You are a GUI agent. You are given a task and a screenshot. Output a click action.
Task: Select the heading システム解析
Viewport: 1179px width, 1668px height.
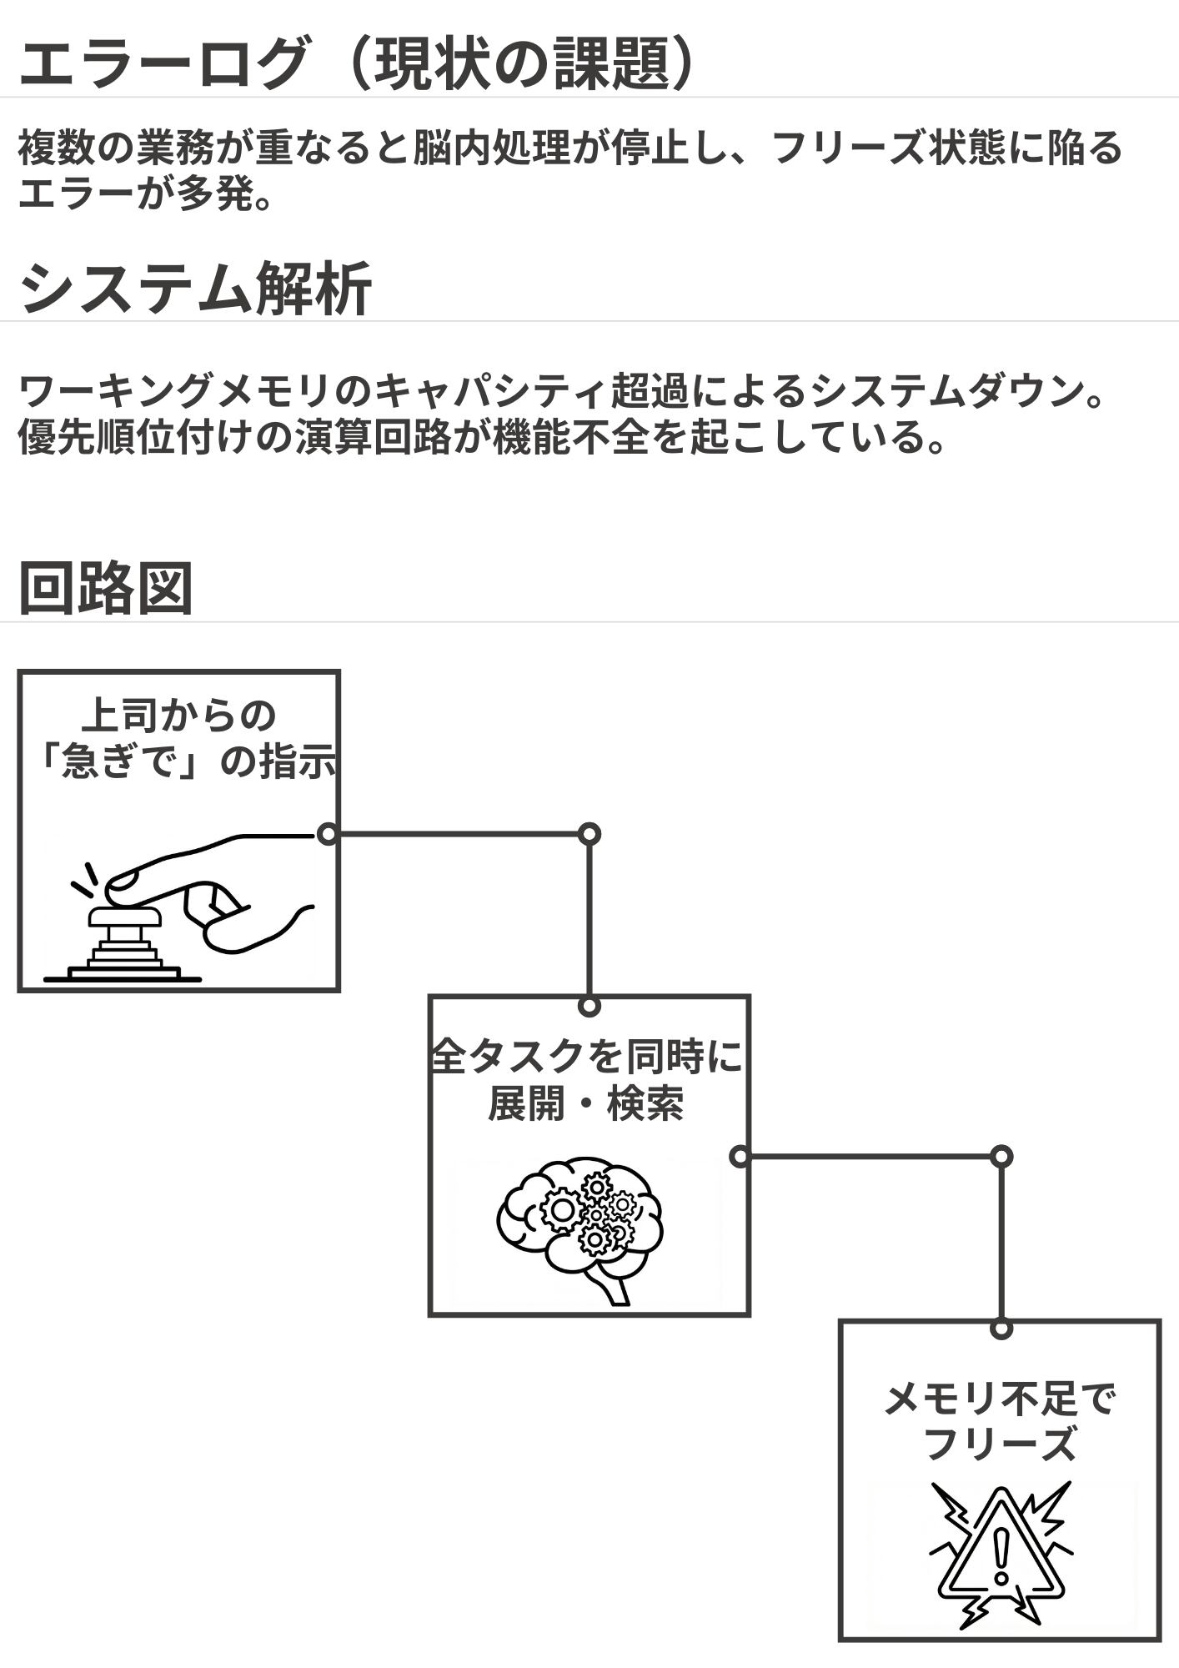pyautogui.click(x=195, y=289)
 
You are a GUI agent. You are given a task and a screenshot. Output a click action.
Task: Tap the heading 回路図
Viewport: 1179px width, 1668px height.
pyautogui.click(x=106, y=589)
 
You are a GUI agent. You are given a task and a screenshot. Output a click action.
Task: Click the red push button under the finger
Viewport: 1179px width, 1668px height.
pyautogui.click(x=125, y=918)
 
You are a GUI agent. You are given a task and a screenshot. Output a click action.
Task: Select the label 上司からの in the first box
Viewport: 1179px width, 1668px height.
pyautogui.click(x=179, y=716)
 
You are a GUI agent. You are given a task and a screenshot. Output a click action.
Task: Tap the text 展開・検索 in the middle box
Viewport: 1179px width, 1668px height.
pyautogui.click(x=585, y=1104)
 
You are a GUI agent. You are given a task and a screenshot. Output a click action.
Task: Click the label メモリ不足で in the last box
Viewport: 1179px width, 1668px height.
pyautogui.click(x=1000, y=1399)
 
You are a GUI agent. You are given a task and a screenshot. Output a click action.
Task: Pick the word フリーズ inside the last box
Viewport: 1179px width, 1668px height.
pyautogui.click(x=1000, y=1444)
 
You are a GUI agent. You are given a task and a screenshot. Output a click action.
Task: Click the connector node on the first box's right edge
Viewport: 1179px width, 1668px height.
pyautogui.click(x=329, y=834)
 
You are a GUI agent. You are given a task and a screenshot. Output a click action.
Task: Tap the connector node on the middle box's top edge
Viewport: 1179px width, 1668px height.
pyautogui.click(x=589, y=1006)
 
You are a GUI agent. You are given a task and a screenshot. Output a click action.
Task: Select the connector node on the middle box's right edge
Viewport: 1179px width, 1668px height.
pyautogui.click(x=740, y=1157)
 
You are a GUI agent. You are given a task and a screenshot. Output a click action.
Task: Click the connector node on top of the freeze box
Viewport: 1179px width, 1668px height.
pyautogui.click(x=1001, y=1329)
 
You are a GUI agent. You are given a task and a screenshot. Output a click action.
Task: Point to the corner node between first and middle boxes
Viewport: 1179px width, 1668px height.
pyautogui.click(x=589, y=834)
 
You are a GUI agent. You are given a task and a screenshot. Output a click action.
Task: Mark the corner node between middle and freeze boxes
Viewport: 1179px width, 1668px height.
pyautogui.click(x=1001, y=1157)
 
